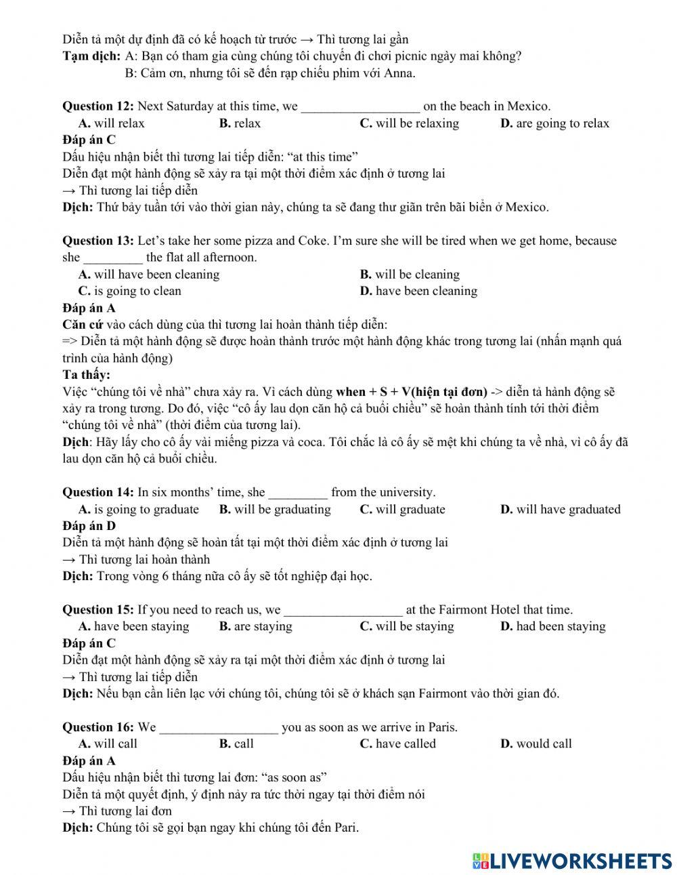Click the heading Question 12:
(x=98, y=106)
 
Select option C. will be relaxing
(x=409, y=123)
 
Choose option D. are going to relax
(x=554, y=123)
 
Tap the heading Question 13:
(x=98, y=241)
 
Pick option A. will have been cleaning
(x=149, y=274)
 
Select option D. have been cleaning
(x=418, y=291)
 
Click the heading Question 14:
(x=98, y=493)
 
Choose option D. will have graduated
(x=560, y=510)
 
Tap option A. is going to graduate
(x=139, y=510)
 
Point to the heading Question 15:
(x=98, y=610)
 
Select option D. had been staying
(x=552, y=626)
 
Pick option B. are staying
(x=255, y=626)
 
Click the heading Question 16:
(x=98, y=728)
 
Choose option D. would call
(x=536, y=744)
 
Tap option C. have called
(x=397, y=744)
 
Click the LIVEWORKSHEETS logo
(x=571, y=861)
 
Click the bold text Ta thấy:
(x=86, y=375)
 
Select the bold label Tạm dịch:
(x=92, y=56)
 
